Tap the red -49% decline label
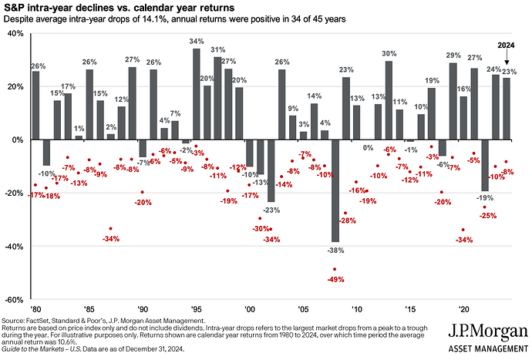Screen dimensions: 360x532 click(337, 279)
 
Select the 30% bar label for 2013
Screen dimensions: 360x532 click(389, 53)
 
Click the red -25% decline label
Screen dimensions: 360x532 click(488, 216)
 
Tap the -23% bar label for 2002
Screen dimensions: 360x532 click(271, 210)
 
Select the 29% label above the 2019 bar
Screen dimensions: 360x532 click(453, 56)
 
